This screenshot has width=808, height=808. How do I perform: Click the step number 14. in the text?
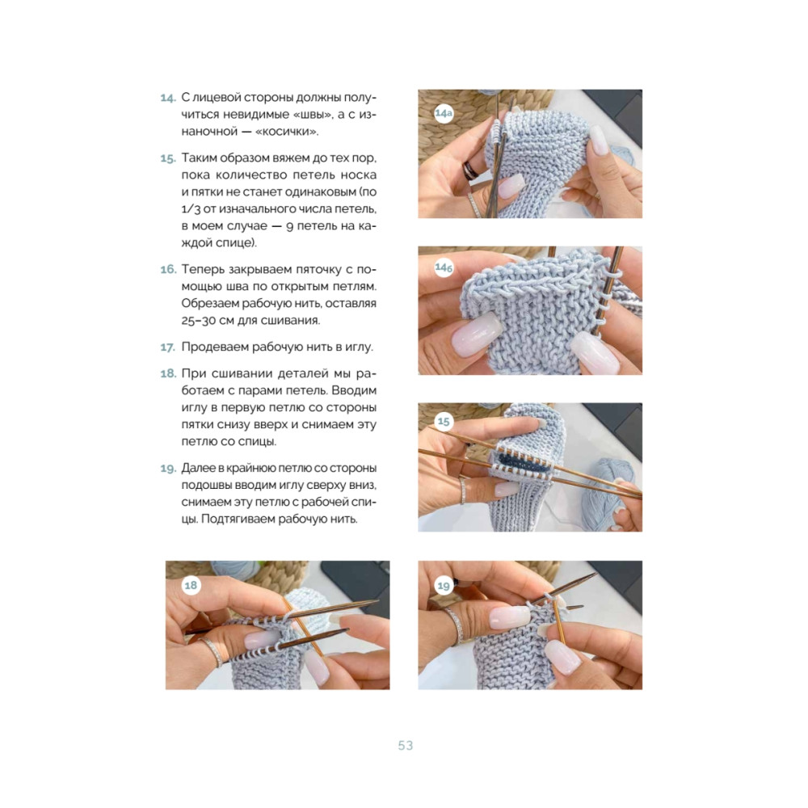point(168,98)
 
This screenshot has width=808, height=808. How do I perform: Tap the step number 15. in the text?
point(168,158)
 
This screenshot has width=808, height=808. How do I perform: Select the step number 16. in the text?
point(168,270)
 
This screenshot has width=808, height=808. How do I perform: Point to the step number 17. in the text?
point(168,347)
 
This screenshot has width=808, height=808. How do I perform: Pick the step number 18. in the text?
point(168,373)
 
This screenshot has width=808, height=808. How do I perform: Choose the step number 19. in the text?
point(168,469)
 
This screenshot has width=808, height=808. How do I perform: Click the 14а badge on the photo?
point(443,113)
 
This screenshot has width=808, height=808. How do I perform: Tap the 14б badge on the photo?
point(443,267)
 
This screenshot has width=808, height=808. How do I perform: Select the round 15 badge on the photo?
point(443,422)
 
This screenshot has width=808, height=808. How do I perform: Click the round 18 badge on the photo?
point(191,585)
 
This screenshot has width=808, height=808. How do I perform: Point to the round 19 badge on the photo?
point(443,585)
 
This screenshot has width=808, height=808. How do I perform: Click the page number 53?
point(406,746)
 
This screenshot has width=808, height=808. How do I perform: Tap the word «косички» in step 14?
point(287,132)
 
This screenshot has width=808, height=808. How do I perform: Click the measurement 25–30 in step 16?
point(199,321)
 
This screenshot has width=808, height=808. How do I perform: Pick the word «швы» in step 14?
point(307,115)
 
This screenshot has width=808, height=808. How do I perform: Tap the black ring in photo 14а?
point(470,170)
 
